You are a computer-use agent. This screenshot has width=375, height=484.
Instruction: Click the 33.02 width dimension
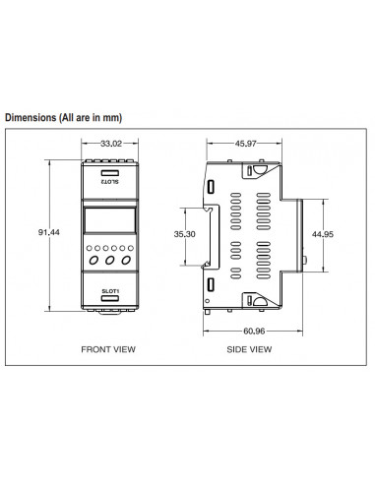[x=111, y=144]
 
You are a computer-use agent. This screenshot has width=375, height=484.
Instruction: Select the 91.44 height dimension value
[x=49, y=232]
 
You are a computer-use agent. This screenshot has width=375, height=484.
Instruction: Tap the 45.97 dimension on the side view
[x=246, y=144]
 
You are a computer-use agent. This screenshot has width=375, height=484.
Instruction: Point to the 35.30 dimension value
[x=184, y=234]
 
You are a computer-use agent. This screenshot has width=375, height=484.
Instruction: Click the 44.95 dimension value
[x=323, y=234]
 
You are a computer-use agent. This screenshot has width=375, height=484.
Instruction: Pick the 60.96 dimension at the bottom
[x=254, y=332]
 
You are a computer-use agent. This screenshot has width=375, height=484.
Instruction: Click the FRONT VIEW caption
[x=108, y=349]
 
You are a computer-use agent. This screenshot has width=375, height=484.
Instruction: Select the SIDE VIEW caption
[x=249, y=349]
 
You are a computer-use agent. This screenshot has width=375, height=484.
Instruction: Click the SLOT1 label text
[x=110, y=291]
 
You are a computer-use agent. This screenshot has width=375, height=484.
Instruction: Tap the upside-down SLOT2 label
[x=110, y=181]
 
